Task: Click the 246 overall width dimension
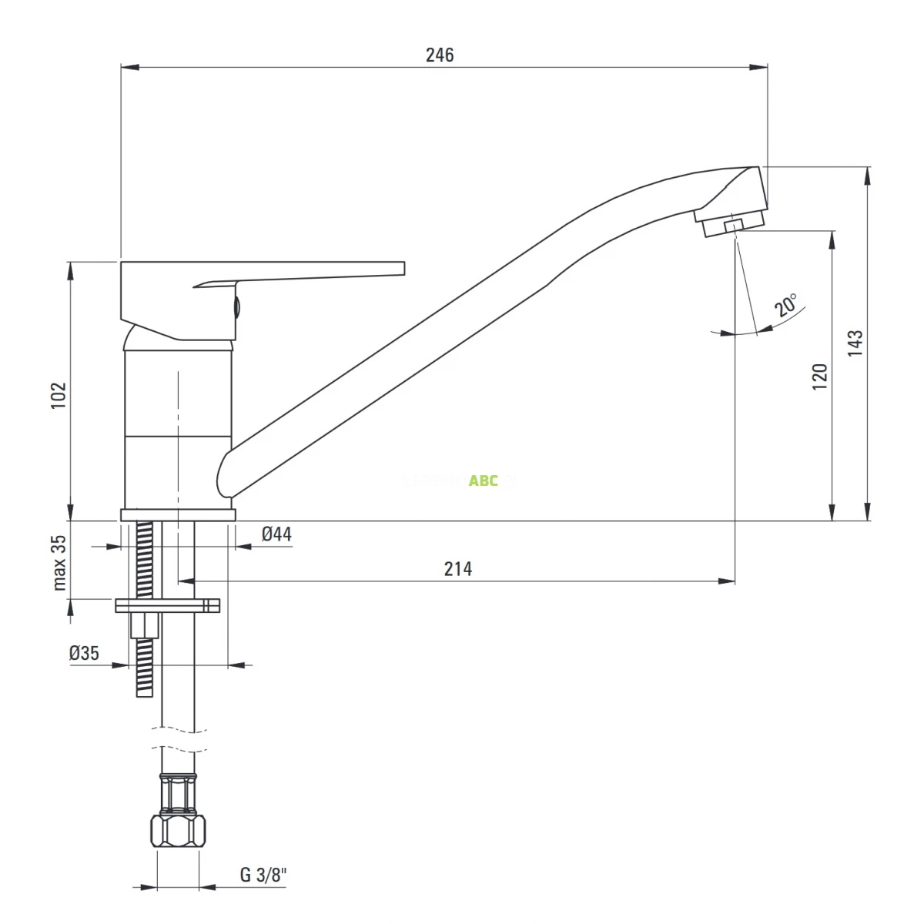tap(440, 55)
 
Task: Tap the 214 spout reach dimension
tap(458, 569)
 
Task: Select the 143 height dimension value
tap(855, 343)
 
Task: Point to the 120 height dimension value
tap(820, 377)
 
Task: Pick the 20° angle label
tap(786, 305)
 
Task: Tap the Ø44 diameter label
tap(276, 534)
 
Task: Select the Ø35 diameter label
tap(84, 653)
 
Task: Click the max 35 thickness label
tap(60, 562)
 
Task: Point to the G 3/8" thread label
tap(263, 875)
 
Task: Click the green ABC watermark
tap(484, 480)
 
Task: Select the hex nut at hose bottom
tap(178, 831)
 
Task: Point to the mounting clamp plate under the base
tap(167, 605)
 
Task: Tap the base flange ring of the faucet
tap(177, 515)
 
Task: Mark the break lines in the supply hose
tap(178, 738)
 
